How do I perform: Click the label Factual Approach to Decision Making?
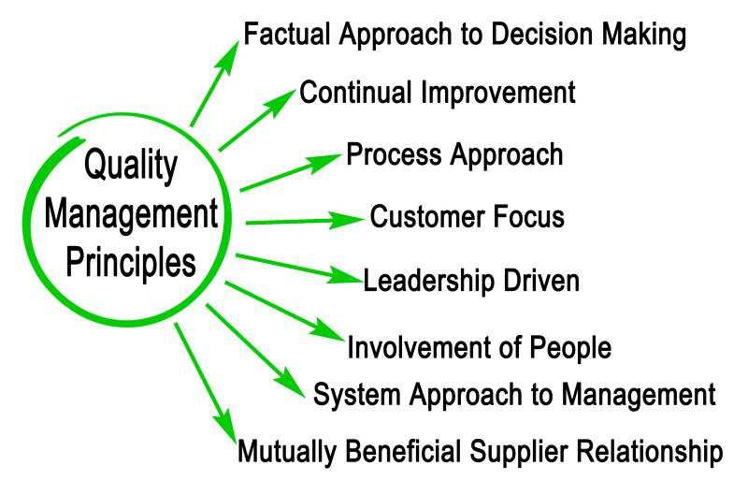(465, 35)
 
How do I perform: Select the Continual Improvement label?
(437, 94)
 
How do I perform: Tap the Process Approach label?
(454, 154)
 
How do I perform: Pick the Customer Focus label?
(467, 217)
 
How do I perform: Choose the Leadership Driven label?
(471, 280)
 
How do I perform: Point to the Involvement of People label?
(479, 348)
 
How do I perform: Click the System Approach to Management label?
(514, 394)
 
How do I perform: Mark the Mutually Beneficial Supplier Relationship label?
(480, 451)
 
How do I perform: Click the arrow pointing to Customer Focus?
(303, 222)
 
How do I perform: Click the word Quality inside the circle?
(130, 167)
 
